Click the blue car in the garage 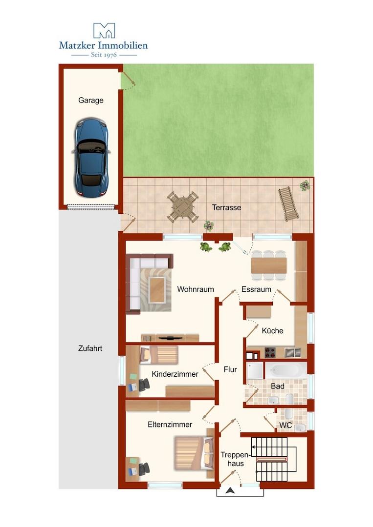tap(91, 157)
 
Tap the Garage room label tap(90, 100)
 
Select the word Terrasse tap(226, 207)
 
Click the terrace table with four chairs tap(182, 207)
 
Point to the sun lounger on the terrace tap(288, 203)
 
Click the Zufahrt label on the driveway tap(90, 348)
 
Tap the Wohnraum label tap(195, 289)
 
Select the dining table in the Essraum tap(269, 265)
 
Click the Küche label tap(272, 330)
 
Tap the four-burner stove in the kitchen tap(270, 353)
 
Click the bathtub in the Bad tap(286, 370)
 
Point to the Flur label tap(230, 369)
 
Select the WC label tap(285, 425)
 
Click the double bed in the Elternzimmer tap(194, 453)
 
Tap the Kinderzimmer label tap(175, 374)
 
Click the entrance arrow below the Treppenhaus tap(230, 491)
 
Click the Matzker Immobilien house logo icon tap(104, 30)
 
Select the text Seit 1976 tap(104, 55)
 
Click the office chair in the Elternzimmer tap(144, 469)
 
